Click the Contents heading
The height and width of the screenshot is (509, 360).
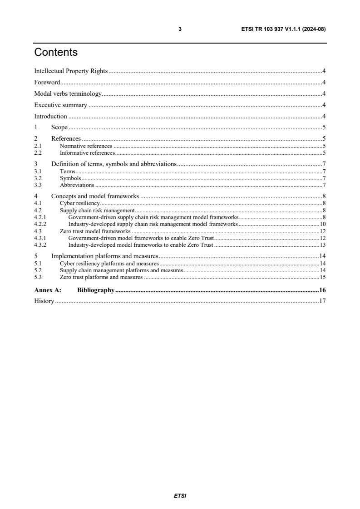pos(56,53)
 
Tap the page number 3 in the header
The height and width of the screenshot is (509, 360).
pos(180,29)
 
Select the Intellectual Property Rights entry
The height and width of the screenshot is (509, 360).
pos(71,71)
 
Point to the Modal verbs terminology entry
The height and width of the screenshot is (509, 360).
pos(68,93)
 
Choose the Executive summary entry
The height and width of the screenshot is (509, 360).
pos(60,105)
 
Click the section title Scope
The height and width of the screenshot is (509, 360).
pos(59,127)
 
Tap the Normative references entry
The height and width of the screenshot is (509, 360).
pos(86,146)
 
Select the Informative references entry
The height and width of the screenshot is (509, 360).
pos(87,153)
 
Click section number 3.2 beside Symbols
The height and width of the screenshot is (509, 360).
pos(38,179)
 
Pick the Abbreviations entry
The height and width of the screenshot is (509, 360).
pos(77,185)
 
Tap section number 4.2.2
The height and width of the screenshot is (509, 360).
pos(40,224)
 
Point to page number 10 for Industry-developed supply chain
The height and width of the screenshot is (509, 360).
pos(323,224)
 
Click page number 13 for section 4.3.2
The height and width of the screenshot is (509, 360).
pos(323,245)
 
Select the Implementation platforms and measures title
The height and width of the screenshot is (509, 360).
pos(104,256)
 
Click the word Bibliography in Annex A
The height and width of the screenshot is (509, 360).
pos(96,290)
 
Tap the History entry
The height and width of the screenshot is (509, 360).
pos(44,301)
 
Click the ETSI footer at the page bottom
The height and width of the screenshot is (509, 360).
pos(180,496)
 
